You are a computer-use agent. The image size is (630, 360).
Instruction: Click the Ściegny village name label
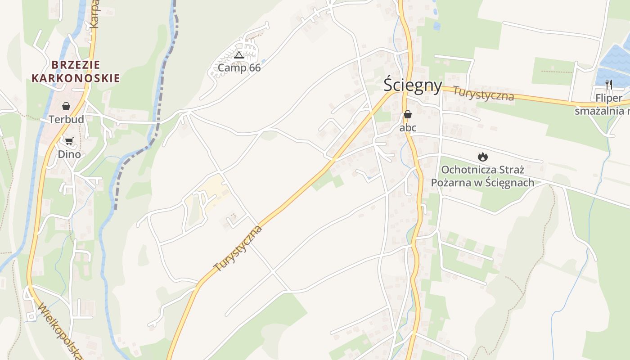pyautogui.click(x=413, y=85)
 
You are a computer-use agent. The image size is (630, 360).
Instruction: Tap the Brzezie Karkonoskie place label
pyautogui.click(x=76, y=72)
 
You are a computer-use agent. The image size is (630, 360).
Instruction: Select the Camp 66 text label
pyautogui.click(x=239, y=68)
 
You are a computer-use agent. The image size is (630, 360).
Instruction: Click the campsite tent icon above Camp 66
pyautogui.click(x=239, y=55)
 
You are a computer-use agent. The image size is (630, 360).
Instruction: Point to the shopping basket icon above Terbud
pyautogui.click(x=66, y=106)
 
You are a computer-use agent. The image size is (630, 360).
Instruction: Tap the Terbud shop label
pyautogui.click(x=66, y=119)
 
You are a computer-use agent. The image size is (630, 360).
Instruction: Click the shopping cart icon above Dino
pyautogui.click(x=69, y=141)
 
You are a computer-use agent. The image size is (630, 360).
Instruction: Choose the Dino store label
pyautogui.click(x=69, y=154)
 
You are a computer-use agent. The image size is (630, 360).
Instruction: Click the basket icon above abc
pyautogui.click(x=408, y=114)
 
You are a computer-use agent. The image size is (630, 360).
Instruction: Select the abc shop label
pyautogui.click(x=408, y=128)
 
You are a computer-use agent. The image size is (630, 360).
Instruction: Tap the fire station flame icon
pyautogui.click(x=483, y=157)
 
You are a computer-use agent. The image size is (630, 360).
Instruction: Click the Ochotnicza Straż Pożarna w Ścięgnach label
pyautogui.click(x=482, y=176)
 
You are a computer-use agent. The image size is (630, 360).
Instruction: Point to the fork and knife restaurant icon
pyautogui.click(x=609, y=84)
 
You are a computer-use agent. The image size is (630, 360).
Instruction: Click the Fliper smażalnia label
pyautogui.click(x=603, y=104)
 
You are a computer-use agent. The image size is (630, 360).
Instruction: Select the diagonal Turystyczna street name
pyautogui.click(x=238, y=248)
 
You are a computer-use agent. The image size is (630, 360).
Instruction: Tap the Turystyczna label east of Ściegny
pyautogui.click(x=483, y=93)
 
